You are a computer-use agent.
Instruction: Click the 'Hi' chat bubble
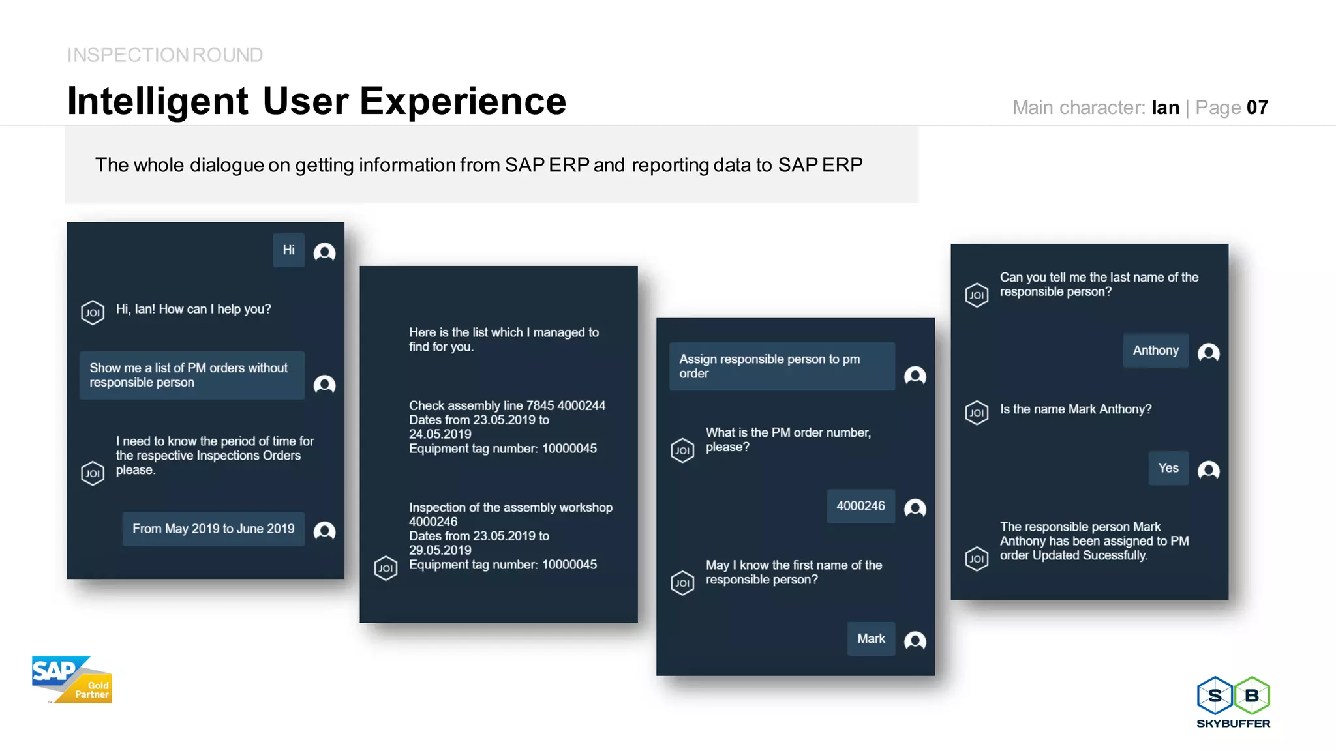[288, 251]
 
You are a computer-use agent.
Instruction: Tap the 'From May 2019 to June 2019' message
[213, 529]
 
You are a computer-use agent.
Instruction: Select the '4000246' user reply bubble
[860, 507]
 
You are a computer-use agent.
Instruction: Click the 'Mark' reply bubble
[871, 639]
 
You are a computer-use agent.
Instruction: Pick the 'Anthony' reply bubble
[1155, 351]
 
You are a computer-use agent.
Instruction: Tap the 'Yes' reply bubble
[1168, 468]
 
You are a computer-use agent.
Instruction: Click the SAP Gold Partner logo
[72, 680]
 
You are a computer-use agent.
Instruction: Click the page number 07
[1257, 108]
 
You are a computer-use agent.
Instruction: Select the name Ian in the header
[1165, 108]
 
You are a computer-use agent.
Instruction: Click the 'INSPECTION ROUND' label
[165, 55]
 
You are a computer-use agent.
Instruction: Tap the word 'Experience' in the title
[463, 102]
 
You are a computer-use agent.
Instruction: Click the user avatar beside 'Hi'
[324, 252]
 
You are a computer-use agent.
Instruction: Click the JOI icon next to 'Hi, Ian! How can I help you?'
[93, 312]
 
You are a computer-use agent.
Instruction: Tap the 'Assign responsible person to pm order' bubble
[782, 366]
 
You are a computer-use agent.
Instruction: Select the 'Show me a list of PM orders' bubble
[192, 375]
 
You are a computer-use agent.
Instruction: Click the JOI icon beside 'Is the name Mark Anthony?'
[977, 413]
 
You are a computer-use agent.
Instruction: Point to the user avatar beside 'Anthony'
[1208, 353]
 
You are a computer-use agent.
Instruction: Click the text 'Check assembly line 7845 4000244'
[507, 405]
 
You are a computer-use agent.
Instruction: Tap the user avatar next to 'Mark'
[915, 641]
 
